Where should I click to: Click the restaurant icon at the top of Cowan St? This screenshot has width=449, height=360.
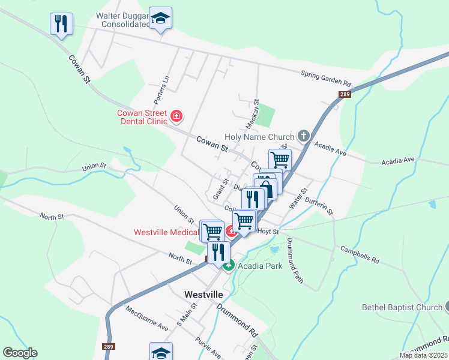point(61,24)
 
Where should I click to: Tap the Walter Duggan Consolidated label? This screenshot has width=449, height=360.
point(122,20)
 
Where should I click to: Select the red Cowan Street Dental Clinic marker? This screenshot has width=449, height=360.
point(176,115)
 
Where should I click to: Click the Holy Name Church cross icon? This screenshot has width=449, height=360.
point(304,136)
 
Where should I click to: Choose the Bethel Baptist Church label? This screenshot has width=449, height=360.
point(402,308)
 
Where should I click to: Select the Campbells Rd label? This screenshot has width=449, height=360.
point(360,254)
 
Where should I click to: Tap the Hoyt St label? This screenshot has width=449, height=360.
point(268,232)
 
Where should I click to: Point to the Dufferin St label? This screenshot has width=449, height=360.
point(319,206)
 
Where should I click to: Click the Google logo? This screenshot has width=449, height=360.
point(20,353)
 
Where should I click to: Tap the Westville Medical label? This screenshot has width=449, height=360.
point(166,232)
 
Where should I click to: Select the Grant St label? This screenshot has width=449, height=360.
point(221,190)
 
